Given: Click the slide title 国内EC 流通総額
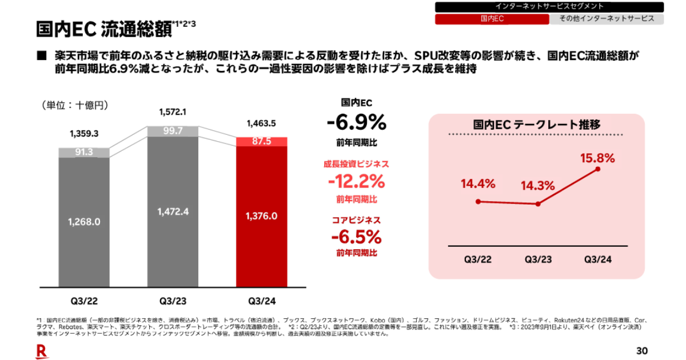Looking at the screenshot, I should (x=103, y=28).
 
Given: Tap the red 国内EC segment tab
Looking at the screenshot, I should (x=492, y=19).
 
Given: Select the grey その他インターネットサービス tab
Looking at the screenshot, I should (x=607, y=19).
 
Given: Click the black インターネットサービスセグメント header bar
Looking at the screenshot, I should (x=549, y=7).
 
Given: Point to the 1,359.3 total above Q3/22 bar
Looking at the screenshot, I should (x=84, y=134).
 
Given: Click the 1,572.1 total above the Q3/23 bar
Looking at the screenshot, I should (x=173, y=111).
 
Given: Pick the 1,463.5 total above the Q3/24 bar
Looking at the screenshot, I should (x=261, y=123).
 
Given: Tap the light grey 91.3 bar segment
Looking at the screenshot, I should (x=84, y=152).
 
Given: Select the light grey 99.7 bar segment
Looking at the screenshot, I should (x=173, y=131).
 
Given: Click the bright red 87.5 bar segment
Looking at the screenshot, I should (x=261, y=142).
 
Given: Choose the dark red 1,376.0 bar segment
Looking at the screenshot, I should (x=261, y=216).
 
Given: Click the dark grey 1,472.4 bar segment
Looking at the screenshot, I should (x=173, y=211).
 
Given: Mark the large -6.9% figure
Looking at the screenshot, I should (x=357, y=122).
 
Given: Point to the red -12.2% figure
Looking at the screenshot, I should (x=357, y=182).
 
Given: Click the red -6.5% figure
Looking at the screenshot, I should (x=357, y=237).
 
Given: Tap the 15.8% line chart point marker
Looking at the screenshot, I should (x=598, y=169).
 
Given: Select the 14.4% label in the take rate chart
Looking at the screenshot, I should (x=478, y=184).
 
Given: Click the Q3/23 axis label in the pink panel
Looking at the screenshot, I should (x=538, y=259).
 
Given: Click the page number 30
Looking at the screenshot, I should (x=642, y=350).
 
